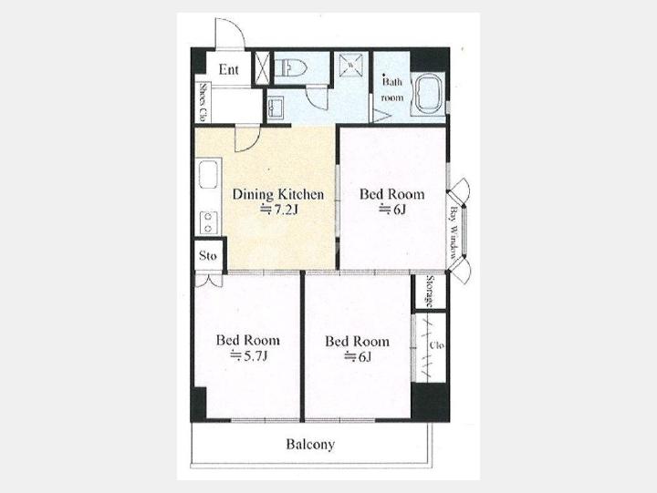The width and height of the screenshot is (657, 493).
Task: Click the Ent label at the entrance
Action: [x=228, y=69]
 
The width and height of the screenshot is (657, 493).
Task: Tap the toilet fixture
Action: [x=291, y=67]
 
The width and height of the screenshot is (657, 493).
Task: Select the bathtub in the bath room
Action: [x=428, y=93]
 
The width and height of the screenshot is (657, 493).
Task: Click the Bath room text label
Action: [x=392, y=89]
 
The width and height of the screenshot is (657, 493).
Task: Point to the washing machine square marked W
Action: [x=350, y=65]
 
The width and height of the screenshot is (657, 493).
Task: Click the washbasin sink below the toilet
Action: [x=275, y=108]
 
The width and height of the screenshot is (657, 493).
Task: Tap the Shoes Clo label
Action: [x=203, y=103]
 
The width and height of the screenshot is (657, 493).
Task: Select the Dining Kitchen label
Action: [x=277, y=195]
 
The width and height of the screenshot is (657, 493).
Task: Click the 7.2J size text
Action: [x=277, y=210]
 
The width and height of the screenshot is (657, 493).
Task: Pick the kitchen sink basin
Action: [x=208, y=176]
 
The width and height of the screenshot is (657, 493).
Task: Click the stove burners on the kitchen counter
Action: [x=208, y=222]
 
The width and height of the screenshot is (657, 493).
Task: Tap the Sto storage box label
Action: [x=208, y=255]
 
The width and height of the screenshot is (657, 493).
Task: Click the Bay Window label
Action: [x=454, y=232]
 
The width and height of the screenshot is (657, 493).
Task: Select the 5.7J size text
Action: [x=248, y=355]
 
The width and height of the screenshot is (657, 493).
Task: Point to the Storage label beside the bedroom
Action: [x=430, y=292]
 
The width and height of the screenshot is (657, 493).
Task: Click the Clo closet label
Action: [x=436, y=345]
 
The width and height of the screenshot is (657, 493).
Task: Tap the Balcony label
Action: [x=310, y=444]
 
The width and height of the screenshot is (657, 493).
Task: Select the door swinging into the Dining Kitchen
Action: [x=247, y=139]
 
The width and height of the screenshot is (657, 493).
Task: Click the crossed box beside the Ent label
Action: [x=262, y=67]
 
